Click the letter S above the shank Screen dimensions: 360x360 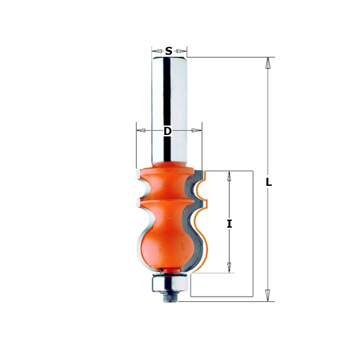(169, 51)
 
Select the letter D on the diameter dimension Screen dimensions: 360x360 (167, 131)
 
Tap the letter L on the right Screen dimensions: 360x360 (269, 182)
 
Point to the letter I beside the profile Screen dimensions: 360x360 (229, 223)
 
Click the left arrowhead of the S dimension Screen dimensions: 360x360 (156, 51)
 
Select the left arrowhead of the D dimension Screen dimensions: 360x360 (141, 130)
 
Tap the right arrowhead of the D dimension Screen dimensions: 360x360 (197, 130)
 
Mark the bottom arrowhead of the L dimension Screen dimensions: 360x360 (268, 295)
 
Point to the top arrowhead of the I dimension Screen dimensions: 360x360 (229, 176)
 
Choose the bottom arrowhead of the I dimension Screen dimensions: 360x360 (229, 267)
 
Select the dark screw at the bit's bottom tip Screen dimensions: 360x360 (170, 297)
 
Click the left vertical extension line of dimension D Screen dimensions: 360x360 (136, 144)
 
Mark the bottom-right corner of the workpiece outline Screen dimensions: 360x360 (253, 297)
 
